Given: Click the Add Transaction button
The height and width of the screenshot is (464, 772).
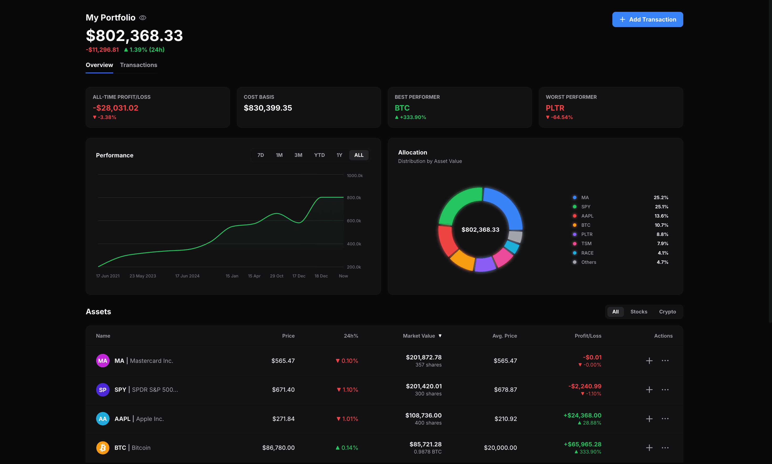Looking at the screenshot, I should (x=647, y=19).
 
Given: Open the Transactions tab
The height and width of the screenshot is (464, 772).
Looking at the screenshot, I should (x=138, y=65).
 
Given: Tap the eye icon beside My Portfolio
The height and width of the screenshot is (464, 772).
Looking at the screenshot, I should (x=143, y=18).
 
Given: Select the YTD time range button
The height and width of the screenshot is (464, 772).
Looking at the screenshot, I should (x=319, y=155).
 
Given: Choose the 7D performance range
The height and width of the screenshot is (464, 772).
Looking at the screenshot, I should (x=260, y=155).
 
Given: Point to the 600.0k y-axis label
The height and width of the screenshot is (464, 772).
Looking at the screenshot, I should (x=354, y=221).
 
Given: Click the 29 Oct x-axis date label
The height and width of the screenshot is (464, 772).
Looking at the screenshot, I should (x=277, y=276).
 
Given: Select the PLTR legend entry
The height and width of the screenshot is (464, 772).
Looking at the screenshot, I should (x=587, y=234).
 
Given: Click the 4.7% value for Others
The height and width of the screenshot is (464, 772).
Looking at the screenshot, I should (x=662, y=262).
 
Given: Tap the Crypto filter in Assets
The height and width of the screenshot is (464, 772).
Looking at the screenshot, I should (x=667, y=312).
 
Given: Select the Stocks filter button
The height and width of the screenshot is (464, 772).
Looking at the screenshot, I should (x=639, y=312).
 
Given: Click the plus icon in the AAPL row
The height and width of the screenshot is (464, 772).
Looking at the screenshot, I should (x=649, y=419).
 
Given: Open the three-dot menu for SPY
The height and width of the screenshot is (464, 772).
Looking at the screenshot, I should (x=665, y=390).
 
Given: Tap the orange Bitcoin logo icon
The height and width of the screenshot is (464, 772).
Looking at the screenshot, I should (x=102, y=448).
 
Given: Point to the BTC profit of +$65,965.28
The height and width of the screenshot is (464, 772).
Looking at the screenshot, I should (x=582, y=444).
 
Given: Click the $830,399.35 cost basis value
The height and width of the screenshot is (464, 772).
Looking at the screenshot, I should (x=268, y=108).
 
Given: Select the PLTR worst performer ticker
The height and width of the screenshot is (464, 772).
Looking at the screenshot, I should (x=555, y=108).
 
